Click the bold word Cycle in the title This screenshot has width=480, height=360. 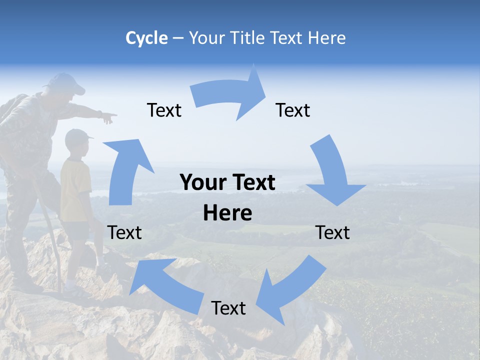pos(146,38)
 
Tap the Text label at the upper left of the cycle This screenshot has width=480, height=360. pos(164,110)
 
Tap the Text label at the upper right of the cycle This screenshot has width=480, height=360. pos(293,110)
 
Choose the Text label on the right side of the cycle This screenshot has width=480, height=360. pos(332,232)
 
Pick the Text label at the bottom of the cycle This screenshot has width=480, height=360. pos(228,308)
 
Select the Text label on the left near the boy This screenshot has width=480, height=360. pos(124,232)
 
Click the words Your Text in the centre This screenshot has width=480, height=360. pos(227,183)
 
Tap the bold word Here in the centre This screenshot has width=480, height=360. pos(227,213)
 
